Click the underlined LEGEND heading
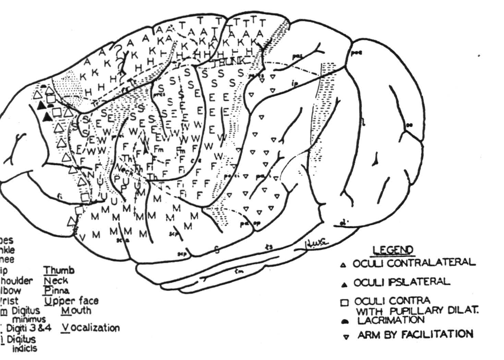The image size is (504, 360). point(393,250)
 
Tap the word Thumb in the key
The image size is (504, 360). point(59,270)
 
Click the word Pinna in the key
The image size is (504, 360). point(56,291)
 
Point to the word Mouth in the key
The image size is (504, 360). point(77,310)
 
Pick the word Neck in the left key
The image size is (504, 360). point(56,281)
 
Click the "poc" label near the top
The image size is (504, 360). point(356,53)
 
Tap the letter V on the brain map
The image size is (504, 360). point(83,237)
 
